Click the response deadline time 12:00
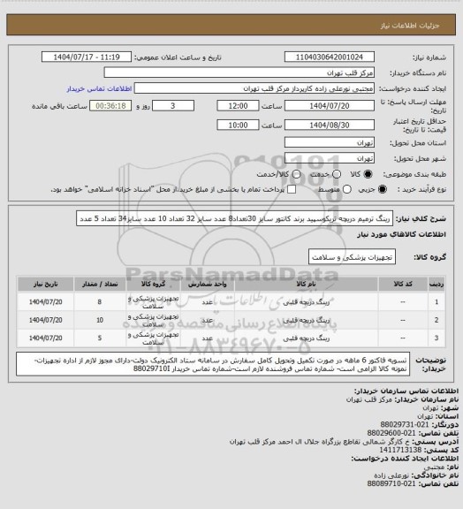coord(237,105)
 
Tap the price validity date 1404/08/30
coord(318,125)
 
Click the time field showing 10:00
coord(237,125)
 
